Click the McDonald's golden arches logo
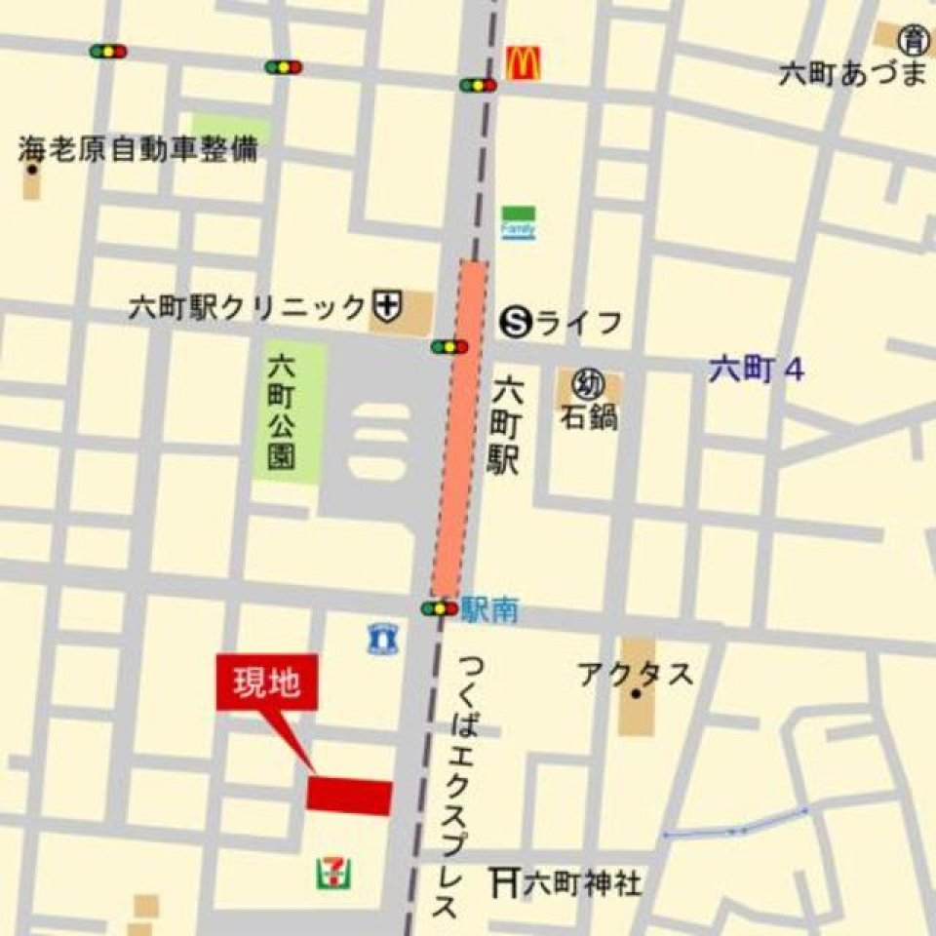(x=523, y=64)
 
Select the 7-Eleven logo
(x=333, y=871)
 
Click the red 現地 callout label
(x=266, y=682)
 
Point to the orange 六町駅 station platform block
(x=460, y=429)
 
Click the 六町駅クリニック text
(x=248, y=308)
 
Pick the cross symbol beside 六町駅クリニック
(x=387, y=307)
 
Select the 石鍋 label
(x=589, y=417)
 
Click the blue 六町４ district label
(x=756, y=370)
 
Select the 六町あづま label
(x=851, y=74)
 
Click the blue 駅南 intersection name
(x=490, y=611)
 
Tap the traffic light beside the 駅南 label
(x=440, y=609)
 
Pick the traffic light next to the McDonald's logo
(x=478, y=85)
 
